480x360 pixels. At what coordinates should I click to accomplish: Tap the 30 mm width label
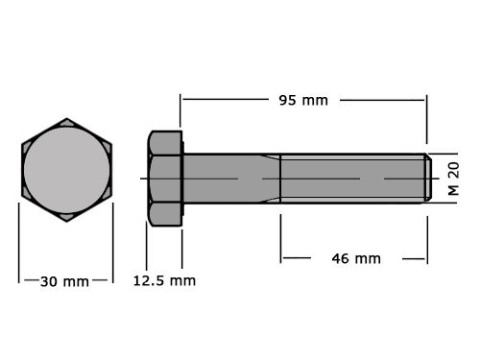(x=64, y=281)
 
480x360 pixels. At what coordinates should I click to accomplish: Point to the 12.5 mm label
(x=163, y=281)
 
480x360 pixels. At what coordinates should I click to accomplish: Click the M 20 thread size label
(x=454, y=179)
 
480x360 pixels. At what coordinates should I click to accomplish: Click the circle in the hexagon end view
(x=66, y=171)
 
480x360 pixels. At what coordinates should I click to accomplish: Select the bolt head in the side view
(x=164, y=179)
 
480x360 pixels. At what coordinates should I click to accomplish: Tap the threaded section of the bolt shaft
(x=351, y=179)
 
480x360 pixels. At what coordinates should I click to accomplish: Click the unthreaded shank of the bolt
(x=221, y=179)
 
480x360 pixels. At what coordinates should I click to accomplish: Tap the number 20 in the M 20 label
(x=454, y=170)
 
